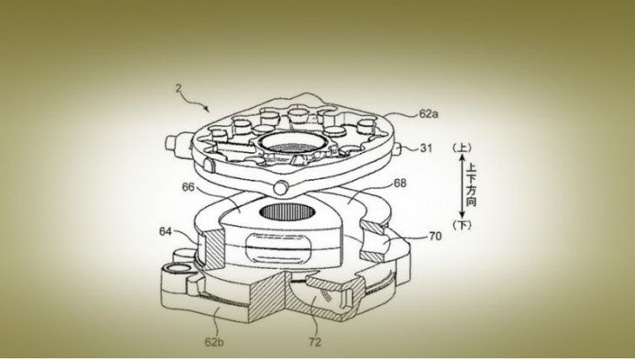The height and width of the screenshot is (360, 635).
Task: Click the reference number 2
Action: [x=178, y=89]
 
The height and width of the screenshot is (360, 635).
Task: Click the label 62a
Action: [x=429, y=114]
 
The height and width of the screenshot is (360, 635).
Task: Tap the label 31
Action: [x=425, y=149]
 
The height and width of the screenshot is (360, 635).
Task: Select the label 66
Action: [x=188, y=187]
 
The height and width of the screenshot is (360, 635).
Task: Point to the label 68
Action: [x=400, y=183]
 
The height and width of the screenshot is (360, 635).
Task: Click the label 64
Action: [x=165, y=231]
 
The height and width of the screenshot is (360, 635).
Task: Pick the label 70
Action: [x=435, y=236]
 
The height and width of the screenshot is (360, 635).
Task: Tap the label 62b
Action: [x=214, y=343]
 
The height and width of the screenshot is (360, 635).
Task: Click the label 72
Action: [x=315, y=343]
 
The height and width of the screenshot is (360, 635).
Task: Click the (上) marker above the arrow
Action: [x=462, y=148]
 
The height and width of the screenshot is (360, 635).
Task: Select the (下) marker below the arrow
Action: [x=462, y=224]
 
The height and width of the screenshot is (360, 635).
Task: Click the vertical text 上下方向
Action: [x=471, y=184]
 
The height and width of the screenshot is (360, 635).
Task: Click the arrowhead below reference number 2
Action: [x=206, y=109]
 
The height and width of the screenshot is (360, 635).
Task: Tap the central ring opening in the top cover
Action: [x=291, y=143]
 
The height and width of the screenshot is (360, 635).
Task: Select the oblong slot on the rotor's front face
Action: [x=277, y=248]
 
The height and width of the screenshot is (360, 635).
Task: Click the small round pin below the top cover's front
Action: [x=281, y=188]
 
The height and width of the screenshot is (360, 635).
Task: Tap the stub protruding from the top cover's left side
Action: [x=177, y=143]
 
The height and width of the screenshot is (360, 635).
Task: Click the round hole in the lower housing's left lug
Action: [x=177, y=268]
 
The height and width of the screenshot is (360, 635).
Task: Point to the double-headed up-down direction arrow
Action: [x=462, y=186]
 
